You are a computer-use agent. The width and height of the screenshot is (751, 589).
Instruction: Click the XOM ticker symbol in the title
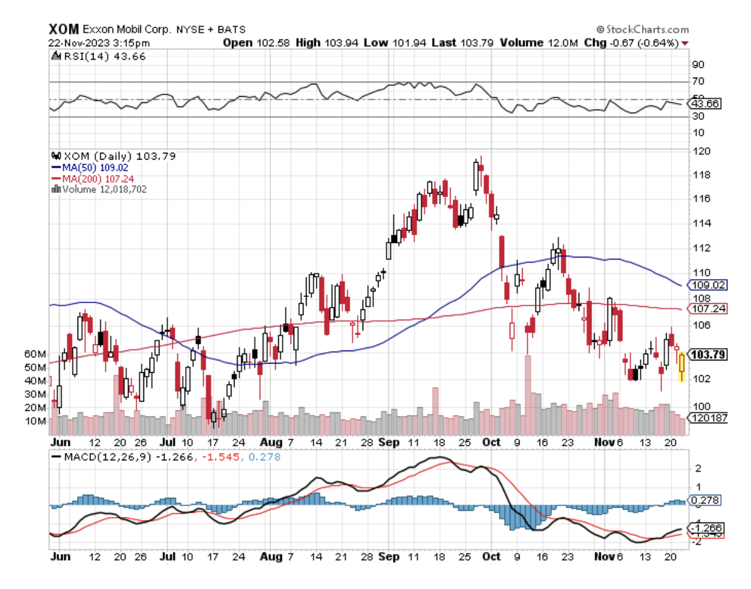pos(64,29)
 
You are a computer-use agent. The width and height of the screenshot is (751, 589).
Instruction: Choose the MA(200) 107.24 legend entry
pos(96,178)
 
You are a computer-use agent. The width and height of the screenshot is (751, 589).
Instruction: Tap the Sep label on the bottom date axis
pos(389,557)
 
